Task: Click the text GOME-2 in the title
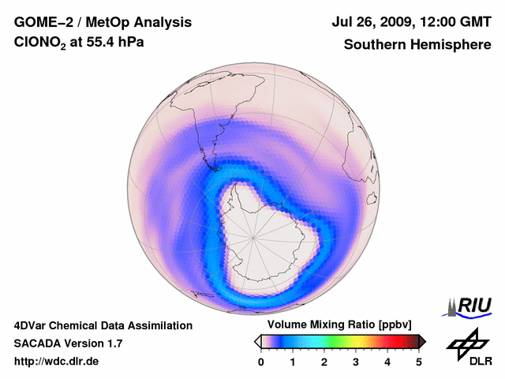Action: coord(41,22)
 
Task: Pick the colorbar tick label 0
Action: coord(261,362)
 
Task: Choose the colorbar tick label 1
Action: coord(293,362)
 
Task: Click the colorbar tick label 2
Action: coord(324,362)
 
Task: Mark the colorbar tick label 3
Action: coord(356,362)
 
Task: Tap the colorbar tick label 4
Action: coord(387,362)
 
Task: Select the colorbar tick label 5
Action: coord(419,362)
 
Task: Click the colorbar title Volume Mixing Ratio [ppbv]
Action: coord(336,325)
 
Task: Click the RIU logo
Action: coord(471,306)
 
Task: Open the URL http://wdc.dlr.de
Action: coord(57,362)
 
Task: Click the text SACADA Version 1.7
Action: coord(68,343)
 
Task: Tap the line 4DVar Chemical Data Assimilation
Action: coord(103,325)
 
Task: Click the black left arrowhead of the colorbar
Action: coord(257,341)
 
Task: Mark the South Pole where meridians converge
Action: coord(254,237)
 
